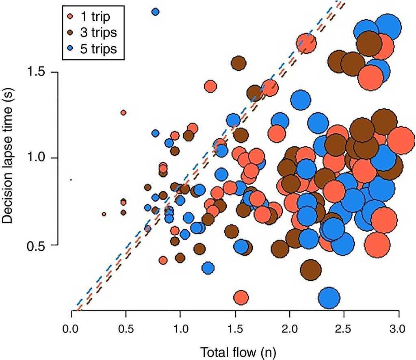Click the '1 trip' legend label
pyautogui.click(x=95, y=17)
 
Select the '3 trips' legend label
pyautogui.click(x=98, y=33)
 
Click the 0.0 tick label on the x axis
pyautogui.click(x=71, y=328)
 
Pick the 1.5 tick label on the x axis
pyautogui.click(x=235, y=328)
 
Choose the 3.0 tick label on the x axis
pyautogui.click(x=399, y=328)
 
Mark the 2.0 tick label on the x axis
pyautogui.click(x=290, y=328)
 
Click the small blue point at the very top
pyautogui.click(x=155, y=12)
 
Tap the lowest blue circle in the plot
pyautogui.click(x=329, y=298)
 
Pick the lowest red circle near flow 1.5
pyautogui.click(x=241, y=297)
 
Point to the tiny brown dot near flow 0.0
pyautogui.click(x=71, y=179)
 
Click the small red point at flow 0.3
pyautogui.click(x=104, y=214)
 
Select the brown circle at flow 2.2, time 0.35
pyautogui.click(x=311, y=269)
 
